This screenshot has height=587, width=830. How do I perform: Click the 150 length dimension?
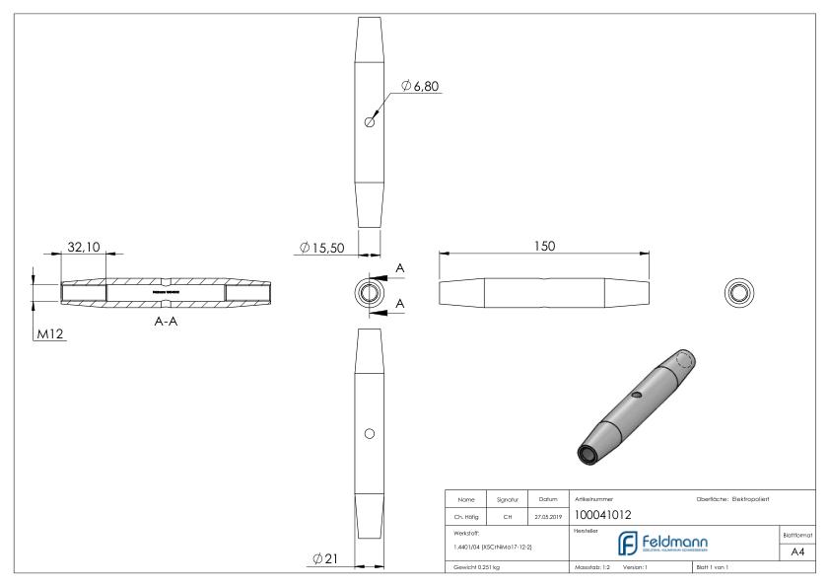tap(543, 245)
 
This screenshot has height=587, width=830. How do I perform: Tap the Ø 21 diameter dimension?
tap(325, 559)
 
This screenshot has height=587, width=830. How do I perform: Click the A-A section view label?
tap(165, 321)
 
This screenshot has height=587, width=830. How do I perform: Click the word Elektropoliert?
tap(758, 498)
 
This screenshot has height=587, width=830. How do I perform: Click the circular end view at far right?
tap(736, 292)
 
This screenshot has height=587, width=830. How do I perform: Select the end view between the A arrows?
tap(369, 292)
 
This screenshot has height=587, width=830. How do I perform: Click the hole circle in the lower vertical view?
tap(369, 433)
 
